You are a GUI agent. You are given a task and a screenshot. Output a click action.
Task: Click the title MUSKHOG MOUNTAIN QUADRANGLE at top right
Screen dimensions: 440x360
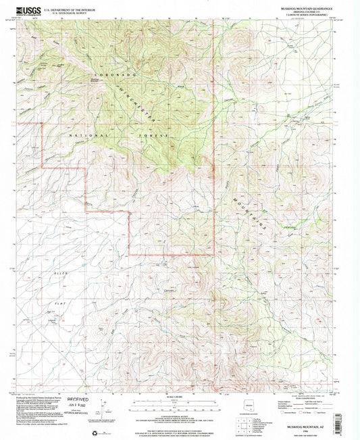(307, 7)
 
